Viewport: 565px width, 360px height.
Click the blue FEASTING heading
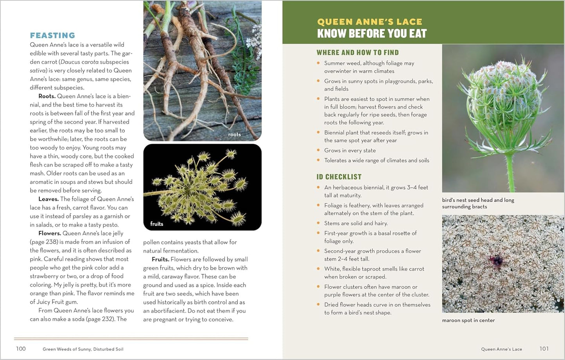tap(52, 35)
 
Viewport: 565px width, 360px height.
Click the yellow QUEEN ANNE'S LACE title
tap(369, 22)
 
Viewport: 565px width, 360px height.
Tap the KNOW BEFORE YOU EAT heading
tap(371, 34)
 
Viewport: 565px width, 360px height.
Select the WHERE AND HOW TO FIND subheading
tap(357, 52)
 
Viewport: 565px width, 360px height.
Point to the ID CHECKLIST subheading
tap(339, 177)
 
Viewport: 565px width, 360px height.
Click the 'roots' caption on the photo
tap(234, 135)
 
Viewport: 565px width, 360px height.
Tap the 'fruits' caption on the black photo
tap(156, 224)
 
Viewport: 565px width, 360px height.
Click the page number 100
tap(21, 349)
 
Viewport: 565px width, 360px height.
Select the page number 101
tap(544, 349)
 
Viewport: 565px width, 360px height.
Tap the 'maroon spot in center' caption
tap(468, 320)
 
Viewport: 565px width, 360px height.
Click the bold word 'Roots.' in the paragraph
tap(47, 96)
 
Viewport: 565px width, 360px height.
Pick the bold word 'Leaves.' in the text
tap(48, 199)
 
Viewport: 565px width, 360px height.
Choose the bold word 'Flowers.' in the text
tap(50, 234)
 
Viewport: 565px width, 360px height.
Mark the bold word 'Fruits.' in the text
tap(160, 259)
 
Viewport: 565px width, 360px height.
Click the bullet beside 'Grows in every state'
tap(318, 150)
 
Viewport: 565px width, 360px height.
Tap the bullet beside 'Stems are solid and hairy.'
tap(318, 223)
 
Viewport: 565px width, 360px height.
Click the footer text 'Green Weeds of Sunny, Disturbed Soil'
tap(83, 349)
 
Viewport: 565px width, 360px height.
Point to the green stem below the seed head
tap(510, 172)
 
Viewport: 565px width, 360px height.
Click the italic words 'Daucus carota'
tap(79, 62)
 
